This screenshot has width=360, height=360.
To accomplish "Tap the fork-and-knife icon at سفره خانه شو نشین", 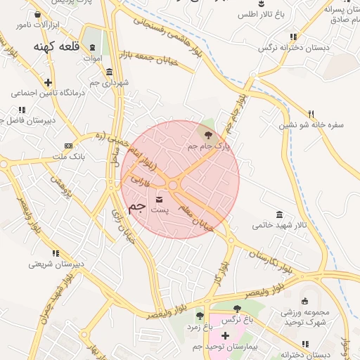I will pos(311,113).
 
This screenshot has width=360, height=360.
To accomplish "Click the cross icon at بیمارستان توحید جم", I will pos(225,336).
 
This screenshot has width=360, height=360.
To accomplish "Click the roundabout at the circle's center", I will pos(173,186).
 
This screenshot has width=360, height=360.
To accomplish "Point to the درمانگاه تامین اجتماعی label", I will pos(47,93).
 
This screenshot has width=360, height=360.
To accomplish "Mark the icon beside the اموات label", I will pos(92,46).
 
